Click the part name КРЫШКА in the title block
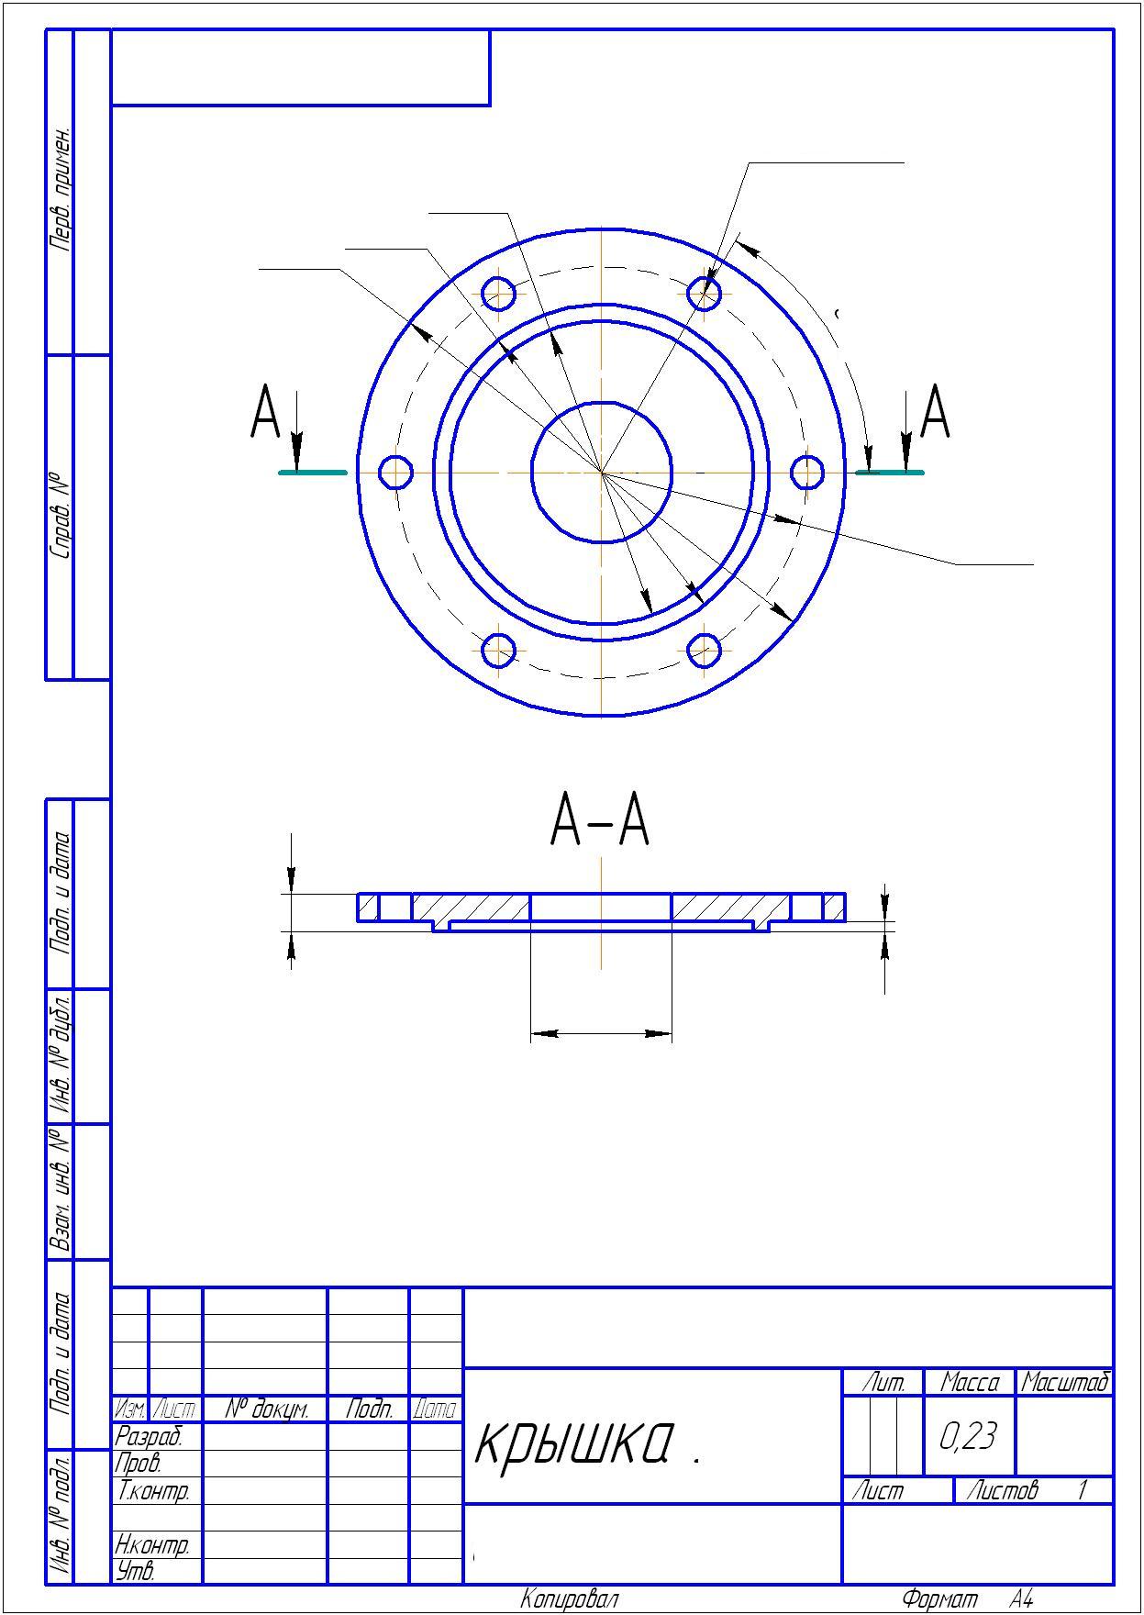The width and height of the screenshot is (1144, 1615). [x=575, y=1443]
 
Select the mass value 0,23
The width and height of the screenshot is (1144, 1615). [x=968, y=1436]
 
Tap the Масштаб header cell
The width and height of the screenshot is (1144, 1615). [x=1065, y=1382]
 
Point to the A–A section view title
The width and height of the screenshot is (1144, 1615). [x=600, y=820]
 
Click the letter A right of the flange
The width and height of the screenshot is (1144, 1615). [x=935, y=412]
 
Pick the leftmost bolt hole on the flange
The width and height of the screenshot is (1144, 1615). [x=395, y=472]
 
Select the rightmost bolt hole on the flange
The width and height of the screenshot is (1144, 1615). [x=807, y=472]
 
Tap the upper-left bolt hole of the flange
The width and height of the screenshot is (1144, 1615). [x=498, y=294]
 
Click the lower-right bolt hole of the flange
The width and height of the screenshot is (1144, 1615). [x=704, y=651]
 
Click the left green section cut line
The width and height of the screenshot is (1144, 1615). [x=313, y=473]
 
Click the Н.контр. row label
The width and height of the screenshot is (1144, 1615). [x=152, y=1545]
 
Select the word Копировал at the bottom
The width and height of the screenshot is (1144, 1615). [x=570, y=1599]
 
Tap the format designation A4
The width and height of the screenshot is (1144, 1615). [x=1021, y=1599]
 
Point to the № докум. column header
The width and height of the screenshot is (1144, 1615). [x=265, y=1409]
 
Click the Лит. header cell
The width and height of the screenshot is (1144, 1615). [x=883, y=1382]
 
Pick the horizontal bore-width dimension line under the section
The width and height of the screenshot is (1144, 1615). [x=601, y=1033]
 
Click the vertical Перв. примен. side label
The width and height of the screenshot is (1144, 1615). [x=61, y=190]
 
